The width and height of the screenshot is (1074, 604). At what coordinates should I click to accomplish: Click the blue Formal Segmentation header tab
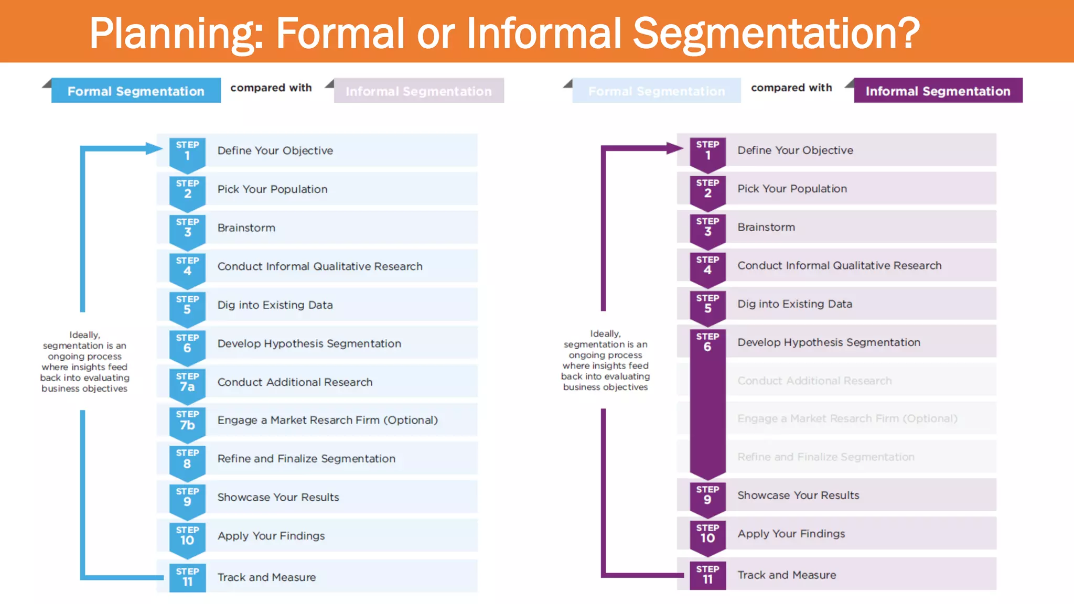[x=136, y=91]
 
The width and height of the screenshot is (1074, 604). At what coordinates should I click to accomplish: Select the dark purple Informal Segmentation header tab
[x=938, y=91]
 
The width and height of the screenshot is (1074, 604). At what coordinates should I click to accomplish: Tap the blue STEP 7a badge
[x=187, y=383]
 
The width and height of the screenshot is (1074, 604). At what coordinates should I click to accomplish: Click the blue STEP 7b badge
[x=187, y=421]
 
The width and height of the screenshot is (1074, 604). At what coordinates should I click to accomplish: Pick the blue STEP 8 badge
[x=187, y=459]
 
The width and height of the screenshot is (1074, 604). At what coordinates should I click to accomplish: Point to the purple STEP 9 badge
[x=707, y=495]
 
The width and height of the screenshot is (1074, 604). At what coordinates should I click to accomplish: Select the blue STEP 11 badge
[x=187, y=577]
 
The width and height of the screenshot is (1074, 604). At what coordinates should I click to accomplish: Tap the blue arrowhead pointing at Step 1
[x=154, y=148]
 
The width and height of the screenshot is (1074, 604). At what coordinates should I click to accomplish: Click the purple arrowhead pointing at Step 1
[x=674, y=148]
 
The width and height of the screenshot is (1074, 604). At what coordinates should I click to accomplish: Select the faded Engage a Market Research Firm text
[x=847, y=418]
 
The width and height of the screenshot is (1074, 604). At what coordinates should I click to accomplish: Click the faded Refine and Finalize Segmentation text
[x=825, y=457]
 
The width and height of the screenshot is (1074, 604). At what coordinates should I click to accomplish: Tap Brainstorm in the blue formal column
[x=246, y=228]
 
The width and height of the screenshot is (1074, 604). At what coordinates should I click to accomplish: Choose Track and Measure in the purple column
[x=786, y=575]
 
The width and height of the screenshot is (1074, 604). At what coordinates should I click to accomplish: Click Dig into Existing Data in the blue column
[x=275, y=305]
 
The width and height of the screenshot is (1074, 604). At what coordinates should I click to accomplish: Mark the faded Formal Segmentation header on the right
[x=656, y=91]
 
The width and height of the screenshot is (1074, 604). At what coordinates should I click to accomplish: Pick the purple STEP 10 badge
[x=707, y=534]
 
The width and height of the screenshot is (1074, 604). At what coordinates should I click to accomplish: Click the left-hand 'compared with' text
[x=271, y=88]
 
